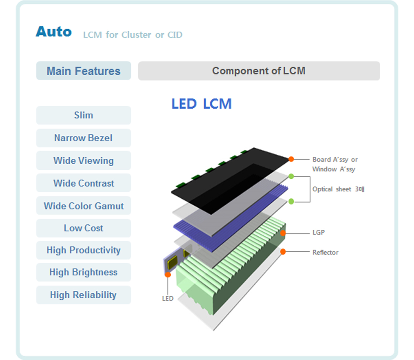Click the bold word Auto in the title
(54, 32)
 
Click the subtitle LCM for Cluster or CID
(133, 35)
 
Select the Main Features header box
(84, 71)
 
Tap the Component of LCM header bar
(259, 71)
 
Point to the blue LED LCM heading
(202, 104)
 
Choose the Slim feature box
(84, 115)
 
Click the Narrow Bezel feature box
(84, 138)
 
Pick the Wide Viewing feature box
(84, 160)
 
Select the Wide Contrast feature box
(84, 183)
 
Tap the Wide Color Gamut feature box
(84, 205)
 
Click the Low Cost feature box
(84, 228)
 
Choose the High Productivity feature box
(84, 250)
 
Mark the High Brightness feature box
(84, 272)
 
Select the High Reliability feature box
(84, 295)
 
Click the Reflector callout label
(325, 252)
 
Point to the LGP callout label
(319, 232)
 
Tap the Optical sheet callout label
(338, 189)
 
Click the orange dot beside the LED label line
(168, 275)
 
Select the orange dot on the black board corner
(291, 159)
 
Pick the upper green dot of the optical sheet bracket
(291, 176)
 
